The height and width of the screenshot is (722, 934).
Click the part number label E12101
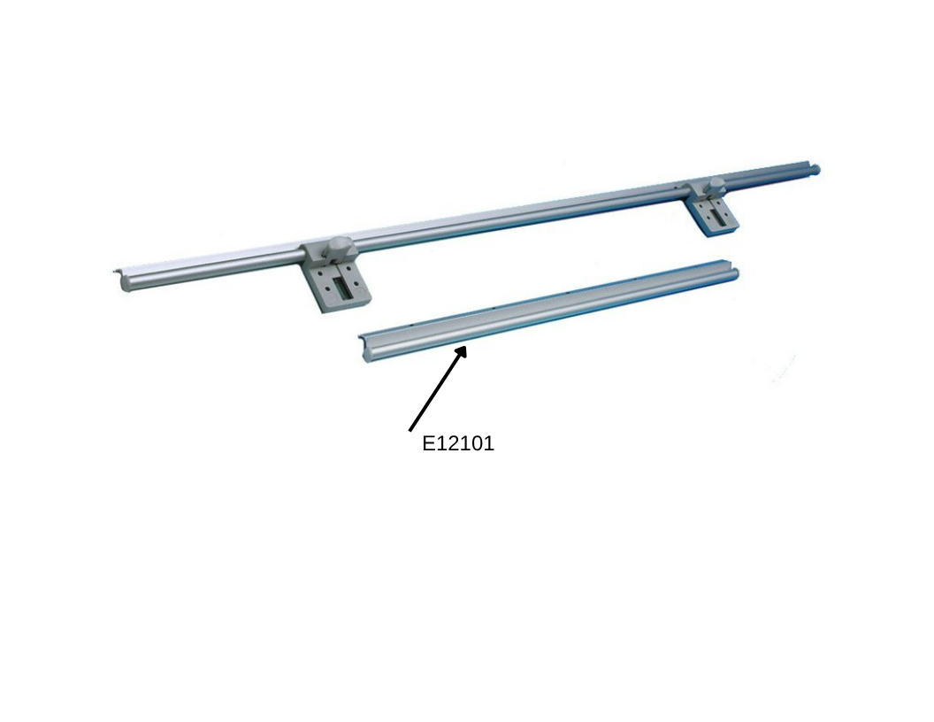click(458, 444)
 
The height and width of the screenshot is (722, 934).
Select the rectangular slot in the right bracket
click(719, 218)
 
